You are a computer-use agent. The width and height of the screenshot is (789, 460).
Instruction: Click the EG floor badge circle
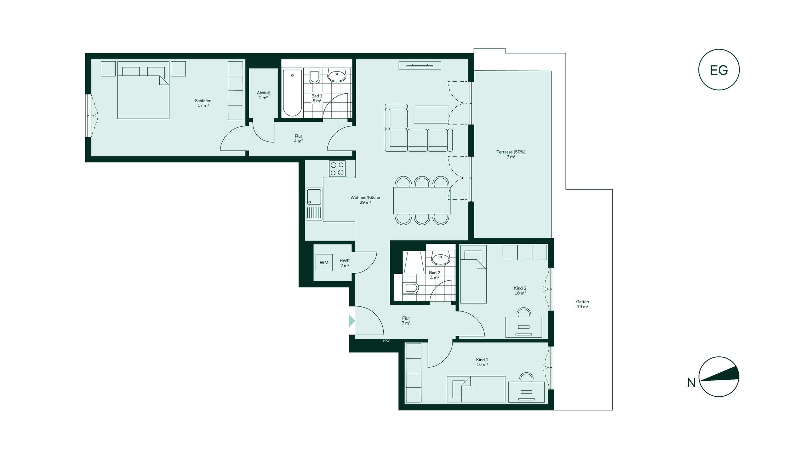click(719, 50)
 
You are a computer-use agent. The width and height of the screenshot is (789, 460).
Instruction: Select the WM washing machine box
click(324, 263)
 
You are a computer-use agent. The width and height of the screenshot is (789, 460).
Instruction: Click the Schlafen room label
click(203, 101)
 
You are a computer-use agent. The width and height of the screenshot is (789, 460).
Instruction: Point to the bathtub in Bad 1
click(292, 93)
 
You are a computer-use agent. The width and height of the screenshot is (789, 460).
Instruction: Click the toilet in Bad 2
click(411, 288)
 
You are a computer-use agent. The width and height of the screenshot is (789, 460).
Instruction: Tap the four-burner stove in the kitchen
click(337, 169)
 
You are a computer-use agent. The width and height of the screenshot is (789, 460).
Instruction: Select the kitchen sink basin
click(314, 197)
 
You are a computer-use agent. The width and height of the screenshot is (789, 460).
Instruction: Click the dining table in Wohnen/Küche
click(422, 201)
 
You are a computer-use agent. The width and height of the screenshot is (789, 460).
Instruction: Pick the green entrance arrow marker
click(352, 321)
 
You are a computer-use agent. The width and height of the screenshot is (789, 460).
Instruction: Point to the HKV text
click(386, 341)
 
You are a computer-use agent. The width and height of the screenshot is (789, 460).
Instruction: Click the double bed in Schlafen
click(143, 90)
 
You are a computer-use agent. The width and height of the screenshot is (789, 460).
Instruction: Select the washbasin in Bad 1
click(337, 75)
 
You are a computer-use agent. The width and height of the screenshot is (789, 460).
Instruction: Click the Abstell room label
click(263, 93)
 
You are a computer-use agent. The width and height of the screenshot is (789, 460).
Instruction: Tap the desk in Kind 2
click(524, 327)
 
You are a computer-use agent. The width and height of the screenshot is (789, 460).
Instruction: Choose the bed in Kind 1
click(476, 389)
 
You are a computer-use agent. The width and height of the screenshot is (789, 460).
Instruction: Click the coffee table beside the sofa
click(431, 114)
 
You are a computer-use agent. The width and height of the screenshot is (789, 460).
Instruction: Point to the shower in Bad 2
click(414, 263)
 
